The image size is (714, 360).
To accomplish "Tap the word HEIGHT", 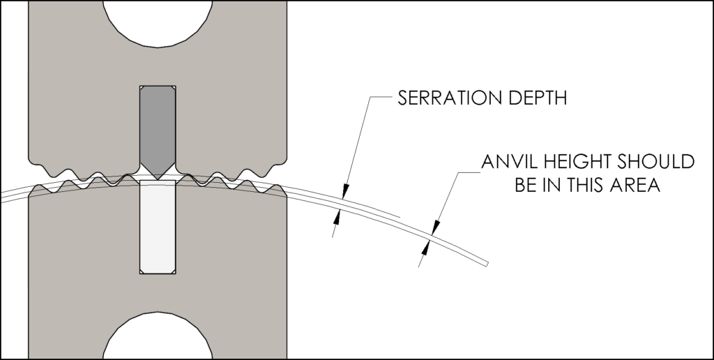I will pyautogui.click(x=576, y=163).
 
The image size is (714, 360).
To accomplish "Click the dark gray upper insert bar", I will pyautogui.click(x=158, y=126).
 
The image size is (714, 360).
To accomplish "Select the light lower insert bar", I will pyautogui.click(x=158, y=227).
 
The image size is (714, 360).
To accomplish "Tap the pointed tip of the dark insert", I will pyautogui.click(x=158, y=178).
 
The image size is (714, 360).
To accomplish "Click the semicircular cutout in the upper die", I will pyautogui.click(x=158, y=21).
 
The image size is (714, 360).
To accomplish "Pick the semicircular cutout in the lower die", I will pyautogui.click(x=158, y=340).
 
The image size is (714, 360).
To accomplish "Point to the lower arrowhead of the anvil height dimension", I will pyautogui.click(x=426, y=248).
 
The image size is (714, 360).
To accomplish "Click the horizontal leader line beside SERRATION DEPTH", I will pyautogui.click(x=380, y=98).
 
